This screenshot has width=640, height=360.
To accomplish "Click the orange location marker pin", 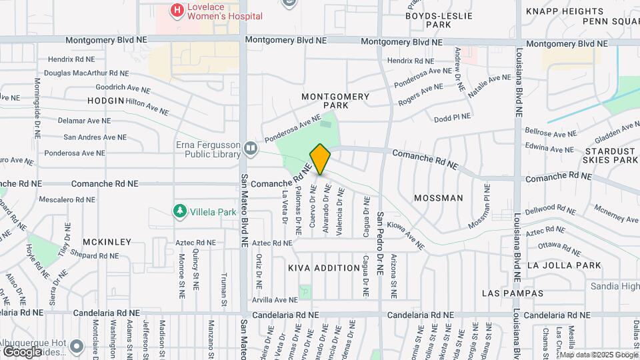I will [x=320, y=159].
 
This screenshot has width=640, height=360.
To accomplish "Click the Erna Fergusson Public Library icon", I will [x=251, y=148].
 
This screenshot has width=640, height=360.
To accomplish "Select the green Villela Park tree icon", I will [x=179, y=211].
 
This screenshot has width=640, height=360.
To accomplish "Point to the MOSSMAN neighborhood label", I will [x=438, y=198].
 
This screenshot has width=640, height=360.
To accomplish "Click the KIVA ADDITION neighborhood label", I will [x=324, y=268].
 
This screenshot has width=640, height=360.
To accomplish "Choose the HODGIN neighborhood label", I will [x=105, y=101].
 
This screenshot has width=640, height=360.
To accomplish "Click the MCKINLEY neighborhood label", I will [x=107, y=242].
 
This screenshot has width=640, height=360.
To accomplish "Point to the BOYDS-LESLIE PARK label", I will [x=438, y=20].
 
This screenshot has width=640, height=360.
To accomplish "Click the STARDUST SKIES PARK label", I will [x=610, y=155].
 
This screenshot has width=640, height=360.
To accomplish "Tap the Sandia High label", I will [x=615, y=286].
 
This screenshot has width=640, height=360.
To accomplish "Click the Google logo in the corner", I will [x=23, y=351].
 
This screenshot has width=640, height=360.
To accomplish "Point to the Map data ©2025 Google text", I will [x=590, y=354].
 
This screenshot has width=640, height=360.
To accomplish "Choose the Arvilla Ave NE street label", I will [x=275, y=300].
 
